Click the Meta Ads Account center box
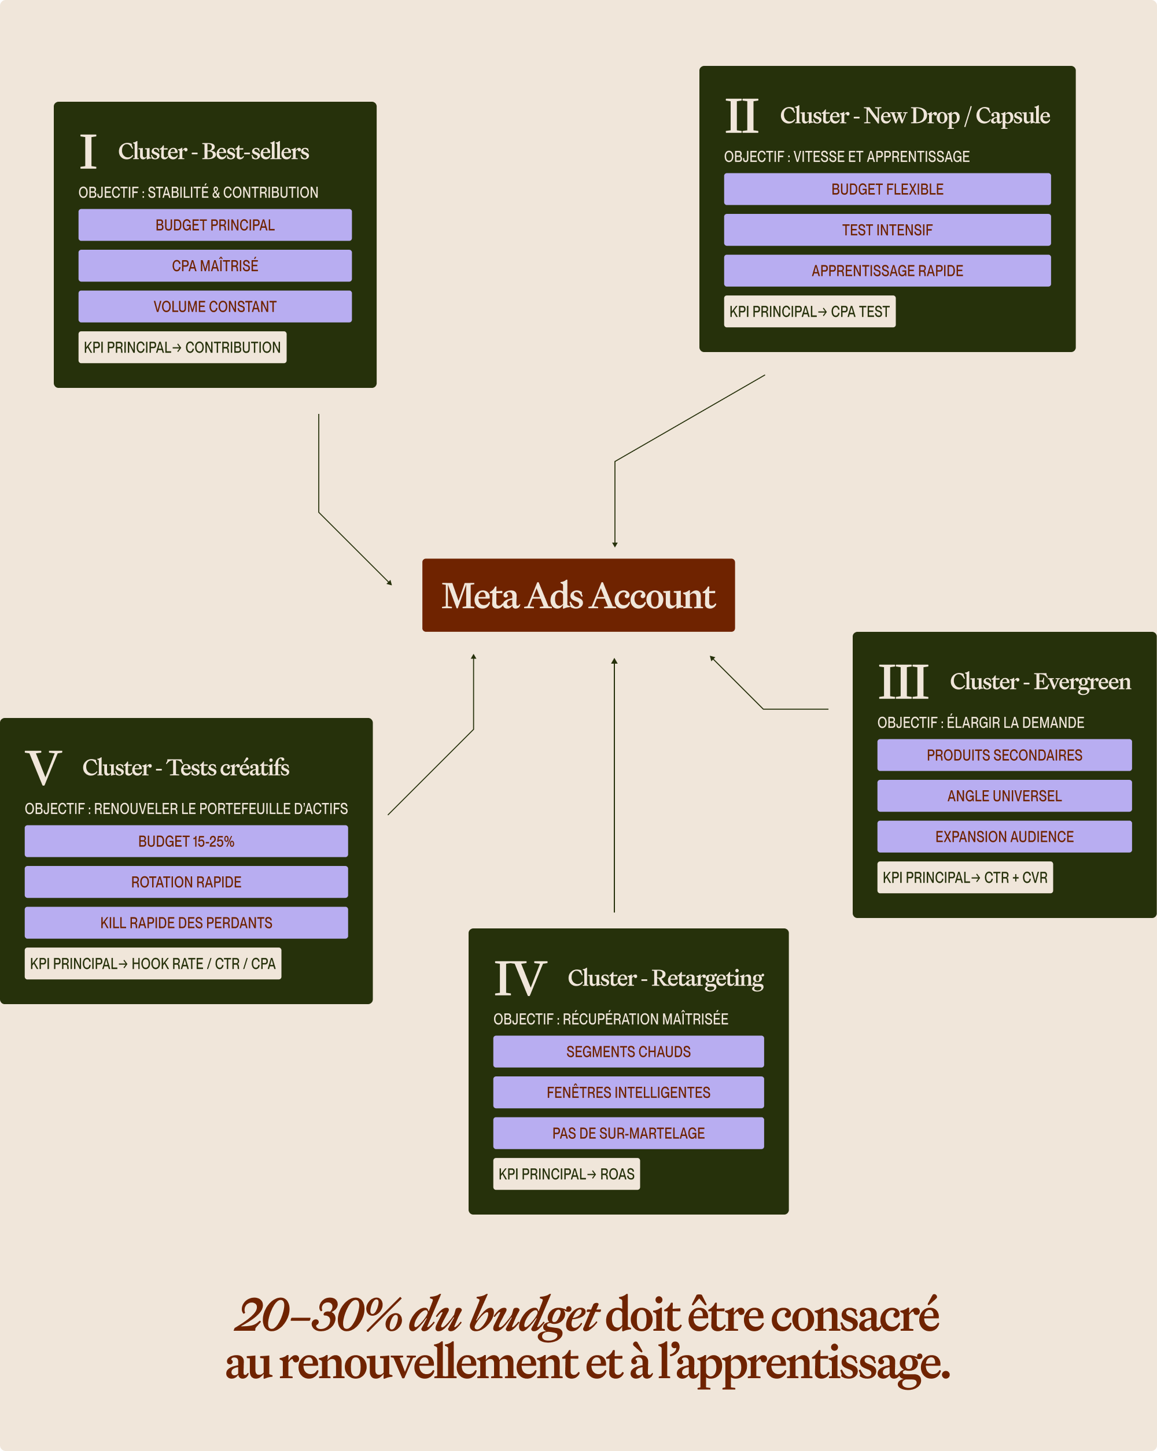click(x=578, y=595)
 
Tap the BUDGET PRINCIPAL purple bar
click(x=215, y=225)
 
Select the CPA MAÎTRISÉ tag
click(x=215, y=266)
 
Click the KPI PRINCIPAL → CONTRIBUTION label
click(x=182, y=347)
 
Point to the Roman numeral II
click(x=742, y=116)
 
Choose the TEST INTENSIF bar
click(x=887, y=230)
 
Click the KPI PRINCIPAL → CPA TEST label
click(x=809, y=312)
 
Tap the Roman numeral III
click(x=903, y=682)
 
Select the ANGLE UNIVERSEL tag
click(x=1004, y=796)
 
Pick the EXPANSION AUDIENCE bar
click(x=1004, y=836)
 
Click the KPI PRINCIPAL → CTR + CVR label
click(x=964, y=878)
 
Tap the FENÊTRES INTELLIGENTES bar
click(x=628, y=1092)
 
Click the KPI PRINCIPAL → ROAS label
click(x=566, y=1174)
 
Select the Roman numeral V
click(x=44, y=767)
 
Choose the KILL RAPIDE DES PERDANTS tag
click(x=186, y=923)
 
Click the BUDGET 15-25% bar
click(x=186, y=841)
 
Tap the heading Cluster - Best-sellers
click(x=213, y=151)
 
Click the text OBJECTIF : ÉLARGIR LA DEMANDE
click(x=980, y=723)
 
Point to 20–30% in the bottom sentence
click(x=317, y=1315)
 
